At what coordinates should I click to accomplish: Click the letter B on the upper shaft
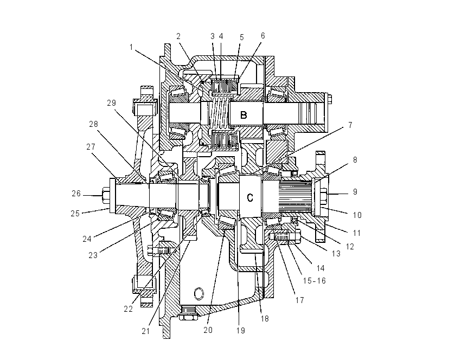click(x=244, y=115)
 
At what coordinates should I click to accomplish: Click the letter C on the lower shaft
click(x=250, y=198)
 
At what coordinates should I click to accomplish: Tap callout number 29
click(x=111, y=103)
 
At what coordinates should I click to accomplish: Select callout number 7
click(x=350, y=125)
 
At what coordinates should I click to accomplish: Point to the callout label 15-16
click(x=315, y=281)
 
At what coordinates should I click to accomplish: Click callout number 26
click(x=76, y=194)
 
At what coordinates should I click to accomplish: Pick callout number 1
click(x=131, y=47)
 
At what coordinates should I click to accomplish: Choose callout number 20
click(x=208, y=330)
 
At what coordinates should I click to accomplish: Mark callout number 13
click(x=336, y=253)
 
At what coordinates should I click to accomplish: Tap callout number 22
click(x=128, y=309)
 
